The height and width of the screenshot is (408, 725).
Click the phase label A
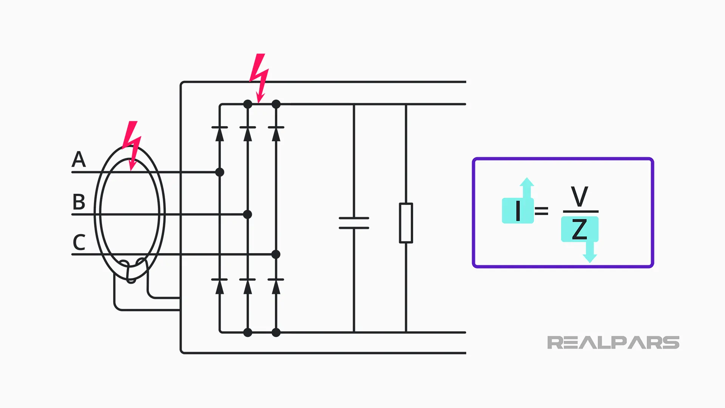(x=79, y=159)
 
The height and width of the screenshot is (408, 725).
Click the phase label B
(x=79, y=202)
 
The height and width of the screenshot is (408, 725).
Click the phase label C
(x=79, y=243)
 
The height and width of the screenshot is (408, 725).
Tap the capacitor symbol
(x=354, y=223)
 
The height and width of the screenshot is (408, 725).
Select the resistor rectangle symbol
(x=406, y=223)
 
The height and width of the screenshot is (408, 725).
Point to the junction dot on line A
(x=220, y=172)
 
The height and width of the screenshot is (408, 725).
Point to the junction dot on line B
(x=248, y=215)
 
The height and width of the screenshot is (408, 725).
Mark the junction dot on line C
(x=276, y=254)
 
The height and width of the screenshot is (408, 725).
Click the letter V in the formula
(x=580, y=196)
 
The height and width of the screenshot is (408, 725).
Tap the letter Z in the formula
(x=580, y=229)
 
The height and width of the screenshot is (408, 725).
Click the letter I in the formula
(x=518, y=211)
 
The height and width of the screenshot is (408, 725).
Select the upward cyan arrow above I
(x=527, y=187)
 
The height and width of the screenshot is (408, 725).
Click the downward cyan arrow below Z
(x=590, y=252)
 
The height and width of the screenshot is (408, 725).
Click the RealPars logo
(x=613, y=343)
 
